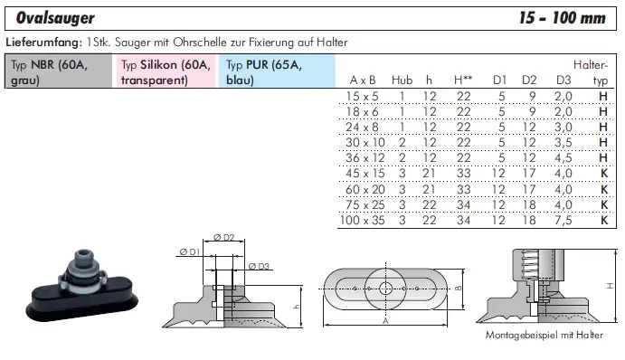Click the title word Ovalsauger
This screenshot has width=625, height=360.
[55, 18]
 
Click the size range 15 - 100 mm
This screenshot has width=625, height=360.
[563, 18]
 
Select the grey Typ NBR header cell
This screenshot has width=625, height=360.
[59, 71]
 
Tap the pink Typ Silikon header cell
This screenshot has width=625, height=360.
[166, 71]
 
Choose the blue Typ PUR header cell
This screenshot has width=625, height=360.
[277, 71]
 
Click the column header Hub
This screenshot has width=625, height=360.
[402, 81]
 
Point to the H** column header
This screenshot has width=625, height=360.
[463, 81]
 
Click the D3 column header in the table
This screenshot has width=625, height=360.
[563, 81]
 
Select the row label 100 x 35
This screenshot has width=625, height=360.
[363, 220]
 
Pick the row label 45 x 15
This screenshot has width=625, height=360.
[365, 174]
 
